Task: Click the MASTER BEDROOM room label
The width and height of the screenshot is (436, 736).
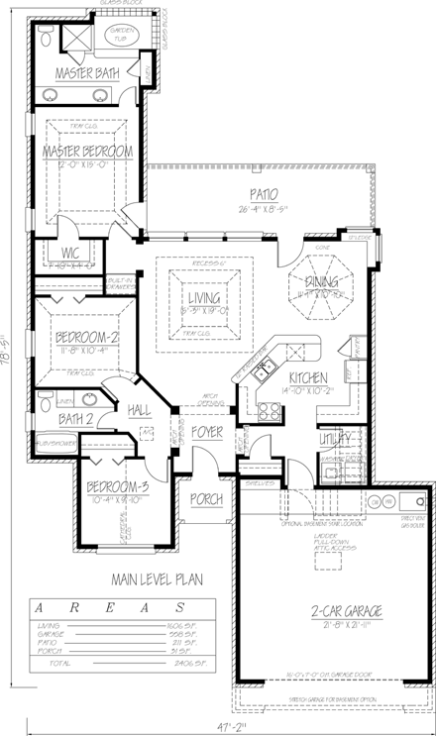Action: pos(87,151)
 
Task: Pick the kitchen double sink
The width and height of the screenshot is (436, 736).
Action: pos(263,372)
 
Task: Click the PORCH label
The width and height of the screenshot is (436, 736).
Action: pos(206,498)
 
